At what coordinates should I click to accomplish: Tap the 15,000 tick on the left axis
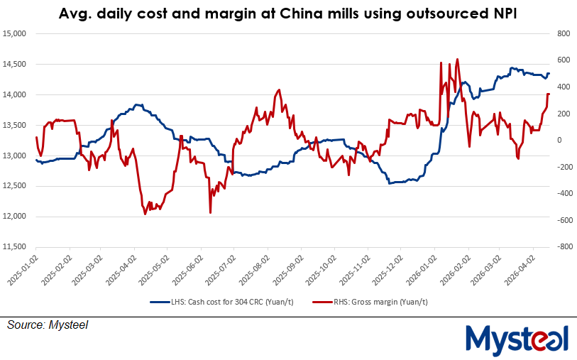point(14,33)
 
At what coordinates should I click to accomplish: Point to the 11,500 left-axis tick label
point(14,246)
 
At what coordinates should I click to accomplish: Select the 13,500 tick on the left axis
point(14,125)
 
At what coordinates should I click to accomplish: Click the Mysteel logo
point(516,338)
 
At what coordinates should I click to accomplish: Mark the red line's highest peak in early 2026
point(457,60)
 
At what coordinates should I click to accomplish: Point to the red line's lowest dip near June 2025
point(210,212)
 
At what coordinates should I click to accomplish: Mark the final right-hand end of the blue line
point(549,74)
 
